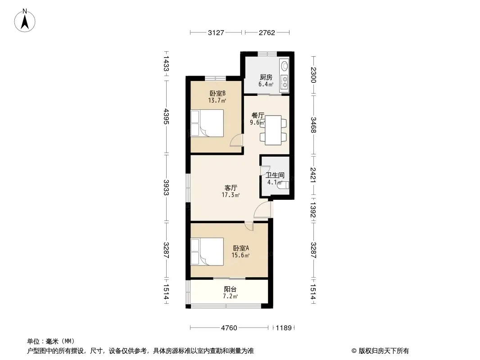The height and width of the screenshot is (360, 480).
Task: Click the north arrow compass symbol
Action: tap(25, 20)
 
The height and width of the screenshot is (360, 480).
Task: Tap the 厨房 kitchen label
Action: tap(266, 77)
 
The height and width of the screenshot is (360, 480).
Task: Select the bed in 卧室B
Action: tap(207, 123)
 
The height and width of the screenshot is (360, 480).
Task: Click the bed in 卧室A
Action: tap(207, 252)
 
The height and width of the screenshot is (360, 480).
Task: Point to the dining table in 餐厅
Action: tap(273, 130)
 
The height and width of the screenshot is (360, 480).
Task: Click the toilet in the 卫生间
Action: tap(284, 185)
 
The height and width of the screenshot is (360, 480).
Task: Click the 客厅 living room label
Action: tap(231, 188)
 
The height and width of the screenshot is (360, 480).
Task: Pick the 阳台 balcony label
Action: tap(230, 289)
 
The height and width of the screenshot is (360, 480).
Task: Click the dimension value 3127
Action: tap(216, 33)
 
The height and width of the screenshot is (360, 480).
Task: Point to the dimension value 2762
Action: tap(267, 33)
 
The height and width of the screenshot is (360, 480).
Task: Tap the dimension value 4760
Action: tap(229, 328)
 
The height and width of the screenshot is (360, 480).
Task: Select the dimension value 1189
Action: tap(284, 328)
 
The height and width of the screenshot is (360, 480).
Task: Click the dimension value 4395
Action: tap(166, 117)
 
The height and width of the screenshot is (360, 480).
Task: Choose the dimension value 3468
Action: tap(313, 125)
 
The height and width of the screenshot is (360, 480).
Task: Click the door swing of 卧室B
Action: tap(236, 140)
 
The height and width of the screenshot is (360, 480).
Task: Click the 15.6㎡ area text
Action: tap(240, 255)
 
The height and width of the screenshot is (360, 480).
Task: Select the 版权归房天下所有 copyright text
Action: tap(384, 351)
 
